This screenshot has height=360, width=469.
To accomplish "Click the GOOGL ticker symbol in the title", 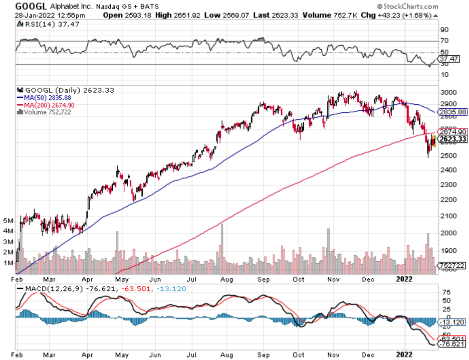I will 32,7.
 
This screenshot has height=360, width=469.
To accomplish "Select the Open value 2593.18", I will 132,15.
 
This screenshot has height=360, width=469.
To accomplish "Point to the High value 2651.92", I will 185,15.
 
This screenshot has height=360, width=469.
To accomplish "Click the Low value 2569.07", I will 237,15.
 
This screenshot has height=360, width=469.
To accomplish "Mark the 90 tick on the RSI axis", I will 444,30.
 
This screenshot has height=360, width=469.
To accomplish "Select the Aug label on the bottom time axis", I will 228,354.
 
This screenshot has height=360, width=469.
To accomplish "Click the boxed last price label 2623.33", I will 452,139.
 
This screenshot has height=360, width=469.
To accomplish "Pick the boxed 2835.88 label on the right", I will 452,112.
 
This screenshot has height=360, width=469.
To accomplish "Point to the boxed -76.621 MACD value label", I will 452,344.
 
